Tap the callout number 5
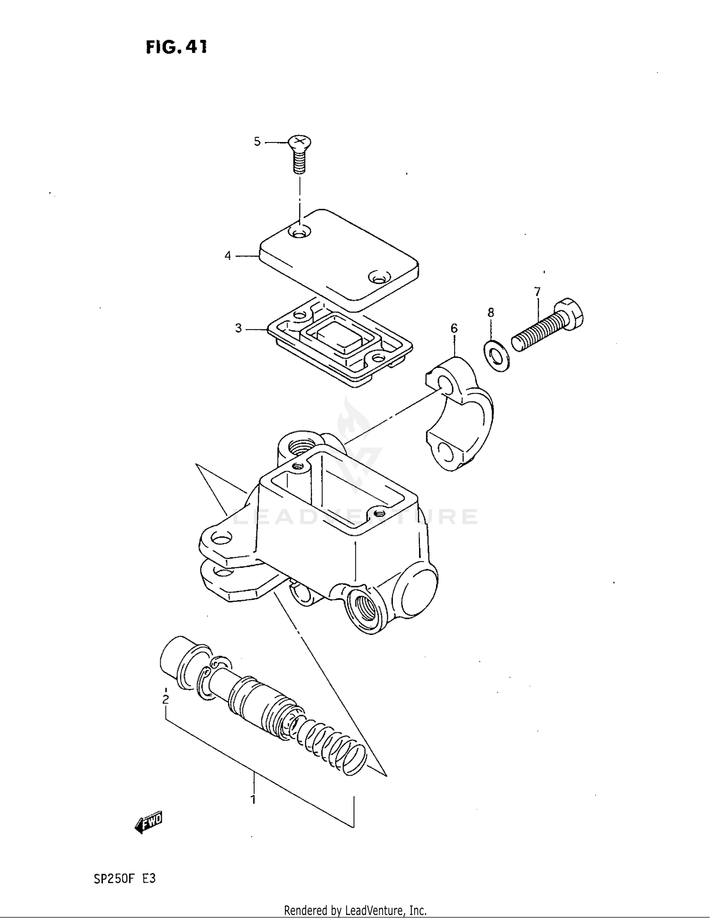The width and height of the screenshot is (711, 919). tap(257, 141)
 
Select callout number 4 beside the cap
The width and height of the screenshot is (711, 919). tap(228, 256)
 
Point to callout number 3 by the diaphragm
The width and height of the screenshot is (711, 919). tap(238, 328)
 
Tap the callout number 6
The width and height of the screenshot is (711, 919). tap(454, 328)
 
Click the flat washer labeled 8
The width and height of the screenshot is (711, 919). tap(496, 354)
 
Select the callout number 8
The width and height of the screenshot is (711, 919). tap(491, 312)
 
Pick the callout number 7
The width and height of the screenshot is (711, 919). tap(537, 292)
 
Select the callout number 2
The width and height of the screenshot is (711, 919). tap(165, 699)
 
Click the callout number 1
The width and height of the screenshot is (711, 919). tap(253, 800)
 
